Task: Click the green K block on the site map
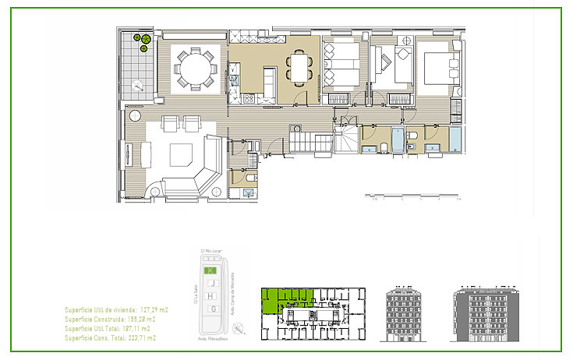(209, 270)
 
